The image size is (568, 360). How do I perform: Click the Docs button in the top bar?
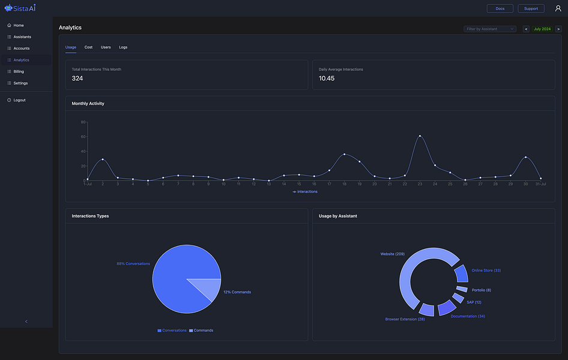(x=500, y=8)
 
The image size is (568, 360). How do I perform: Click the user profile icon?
(x=558, y=8)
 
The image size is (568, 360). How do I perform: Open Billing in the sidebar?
(x=19, y=71)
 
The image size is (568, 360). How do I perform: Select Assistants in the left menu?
(x=22, y=37)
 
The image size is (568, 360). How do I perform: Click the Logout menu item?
(x=19, y=100)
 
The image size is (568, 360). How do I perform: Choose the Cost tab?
(x=88, y=47)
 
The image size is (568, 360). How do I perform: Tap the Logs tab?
(x=123, y=47)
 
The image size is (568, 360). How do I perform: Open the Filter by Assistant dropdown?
(x=489, y=29)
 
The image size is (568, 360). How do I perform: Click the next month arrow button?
(x=558, y=29)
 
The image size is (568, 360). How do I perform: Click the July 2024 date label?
(x=542, y=29)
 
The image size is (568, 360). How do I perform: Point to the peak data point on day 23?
(x=420, y=136)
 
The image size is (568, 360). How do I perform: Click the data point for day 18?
(x=344, y=154)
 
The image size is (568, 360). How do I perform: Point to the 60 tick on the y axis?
(x=83, y=137)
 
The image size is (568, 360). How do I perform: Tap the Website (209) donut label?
(x=392, y=254)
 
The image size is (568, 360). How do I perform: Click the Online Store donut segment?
(x=461, y=274)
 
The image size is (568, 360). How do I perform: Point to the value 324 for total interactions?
(x=77, y=79)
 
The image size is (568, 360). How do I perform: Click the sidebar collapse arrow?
(x=26, y=322)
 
